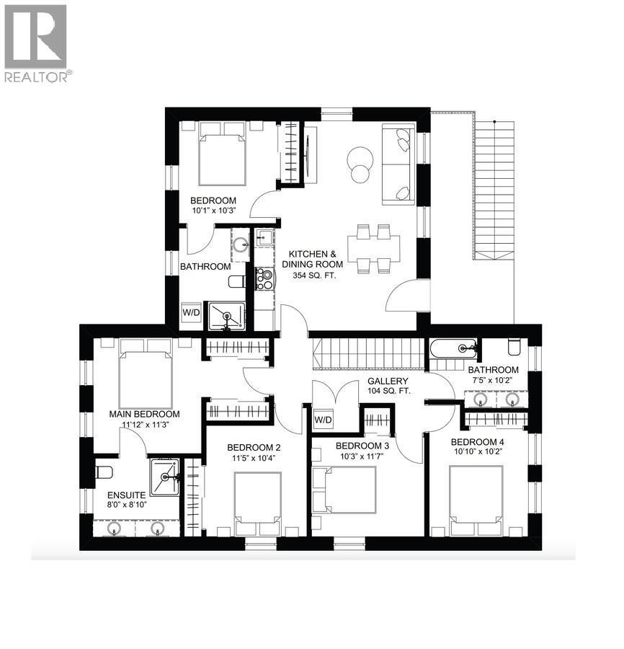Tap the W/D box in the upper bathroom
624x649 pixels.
coord(191,313)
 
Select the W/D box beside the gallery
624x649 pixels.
coord(324,419)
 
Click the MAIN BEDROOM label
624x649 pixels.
coord(144,414)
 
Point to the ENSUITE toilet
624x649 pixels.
coord(104,474)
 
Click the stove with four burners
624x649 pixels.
coord(264,278)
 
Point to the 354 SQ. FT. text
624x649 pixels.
coord(313,275)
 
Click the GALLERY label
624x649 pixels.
coord(388,381)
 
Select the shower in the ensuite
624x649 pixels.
coord(166,477)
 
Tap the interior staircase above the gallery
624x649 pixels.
coord(368,354)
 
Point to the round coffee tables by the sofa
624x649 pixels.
coord(359,162)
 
